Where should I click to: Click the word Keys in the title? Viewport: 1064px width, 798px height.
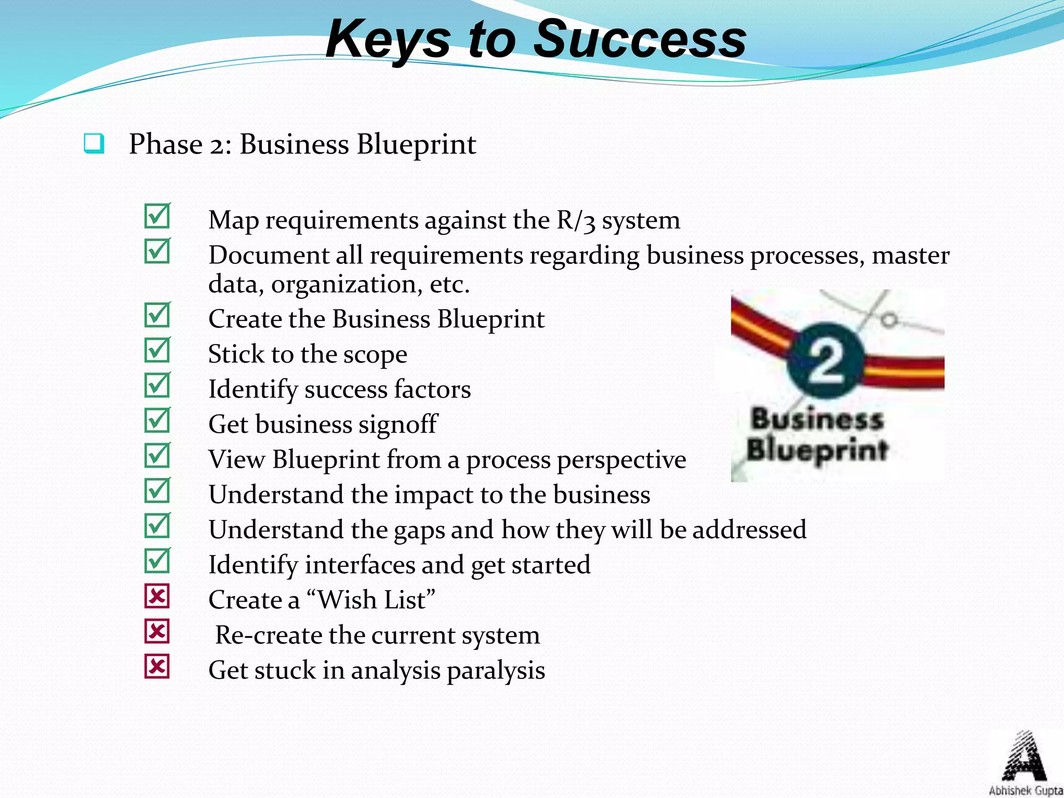coord(387,39)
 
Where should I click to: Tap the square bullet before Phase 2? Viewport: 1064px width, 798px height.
coord(94,144)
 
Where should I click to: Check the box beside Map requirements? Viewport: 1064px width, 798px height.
coord(157,216)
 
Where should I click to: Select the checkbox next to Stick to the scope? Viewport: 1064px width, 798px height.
coord(157,350)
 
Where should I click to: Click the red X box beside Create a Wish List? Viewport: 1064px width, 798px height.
coord(157,596)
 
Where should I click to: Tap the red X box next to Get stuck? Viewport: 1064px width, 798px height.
coord(157,667)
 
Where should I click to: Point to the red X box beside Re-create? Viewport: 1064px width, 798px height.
coord(157,632)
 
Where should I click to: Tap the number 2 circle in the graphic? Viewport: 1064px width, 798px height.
coord(825,361)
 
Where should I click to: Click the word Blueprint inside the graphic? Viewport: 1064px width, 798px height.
coord(817,450)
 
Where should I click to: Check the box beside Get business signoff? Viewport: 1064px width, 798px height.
coord(157,420)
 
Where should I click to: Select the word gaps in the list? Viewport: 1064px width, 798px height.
coord(418,530)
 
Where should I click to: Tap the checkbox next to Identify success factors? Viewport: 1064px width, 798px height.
coord(157,385)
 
